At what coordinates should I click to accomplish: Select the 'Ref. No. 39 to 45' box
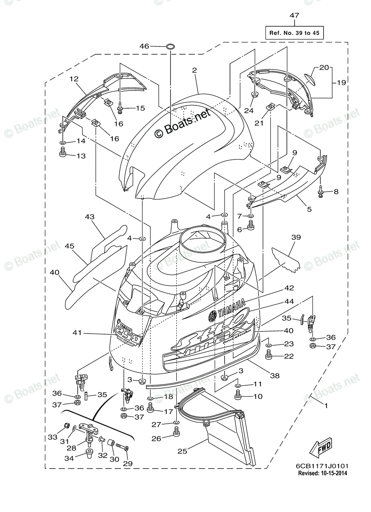tap(295, 32)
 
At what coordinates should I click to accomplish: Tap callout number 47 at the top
tap(295, 16)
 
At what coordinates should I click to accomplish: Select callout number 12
tap(74, 79)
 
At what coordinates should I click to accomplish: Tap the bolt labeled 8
tap(321, 192)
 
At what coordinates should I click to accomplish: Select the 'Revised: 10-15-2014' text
tap(323, 473)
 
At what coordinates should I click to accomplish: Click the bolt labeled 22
tap(269, 355)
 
